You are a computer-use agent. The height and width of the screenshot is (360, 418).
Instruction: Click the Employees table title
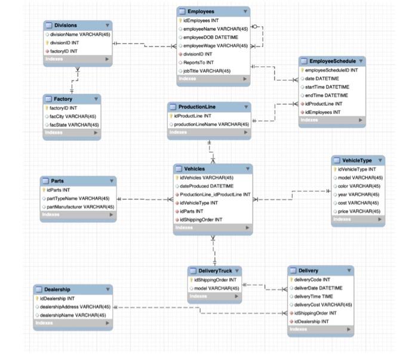tap(201, 11)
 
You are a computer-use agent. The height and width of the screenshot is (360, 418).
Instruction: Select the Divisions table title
tap(65, 25)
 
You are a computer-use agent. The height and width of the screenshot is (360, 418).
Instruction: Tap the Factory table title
tap(63, 99)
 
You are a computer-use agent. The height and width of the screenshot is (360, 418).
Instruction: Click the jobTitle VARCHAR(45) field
tap(207, 70)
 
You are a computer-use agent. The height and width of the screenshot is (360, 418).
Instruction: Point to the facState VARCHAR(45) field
tap(74, 124)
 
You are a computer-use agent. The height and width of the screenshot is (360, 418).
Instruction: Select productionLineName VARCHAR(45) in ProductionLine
tap(211, 124)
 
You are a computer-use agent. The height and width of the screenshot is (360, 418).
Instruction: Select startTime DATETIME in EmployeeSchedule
tap(327, 87)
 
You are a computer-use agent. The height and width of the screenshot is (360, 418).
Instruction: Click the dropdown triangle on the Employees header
tap(245, 11)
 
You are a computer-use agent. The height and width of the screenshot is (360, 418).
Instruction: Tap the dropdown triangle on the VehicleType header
tap(380, 161)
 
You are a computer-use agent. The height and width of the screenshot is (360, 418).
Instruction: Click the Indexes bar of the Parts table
tap(78, 215)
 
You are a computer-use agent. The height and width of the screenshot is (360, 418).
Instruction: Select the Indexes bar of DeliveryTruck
tap(215, 296)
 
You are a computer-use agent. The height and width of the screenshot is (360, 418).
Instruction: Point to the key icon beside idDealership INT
tap(37, 298)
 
